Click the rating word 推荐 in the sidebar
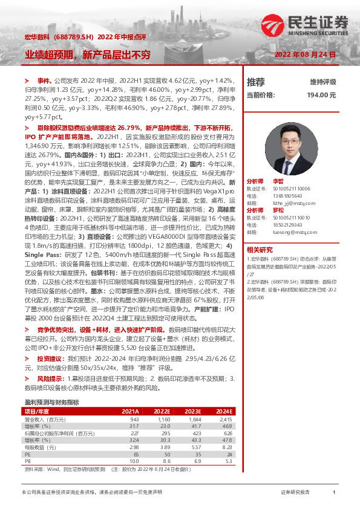pyautogui.click(x=256, y=82)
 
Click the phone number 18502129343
pyautogui.click(x=288, y=225)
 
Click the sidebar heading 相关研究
pyautogui.click(x=260, y=250)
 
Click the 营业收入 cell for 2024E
pyautogui.click(x=224, y=419)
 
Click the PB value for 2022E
pyautogui.click(x=165, y=460)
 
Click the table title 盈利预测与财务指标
pyautogui.click(x=51, y=402)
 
